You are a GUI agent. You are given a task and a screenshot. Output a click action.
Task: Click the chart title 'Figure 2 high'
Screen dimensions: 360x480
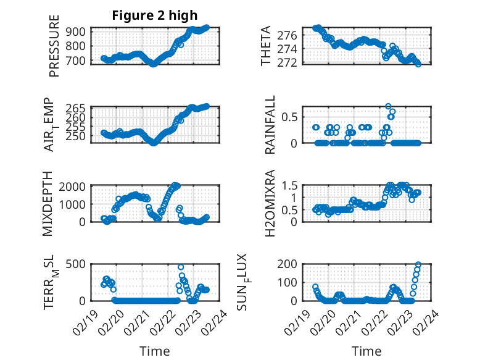(154, 15)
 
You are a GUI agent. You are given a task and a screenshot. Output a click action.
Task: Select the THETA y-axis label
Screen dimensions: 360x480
(266, 46)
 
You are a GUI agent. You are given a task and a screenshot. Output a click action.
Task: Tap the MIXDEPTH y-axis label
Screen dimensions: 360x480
(48, 204)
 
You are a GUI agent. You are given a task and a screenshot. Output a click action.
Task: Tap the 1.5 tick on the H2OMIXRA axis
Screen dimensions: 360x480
(291, 186)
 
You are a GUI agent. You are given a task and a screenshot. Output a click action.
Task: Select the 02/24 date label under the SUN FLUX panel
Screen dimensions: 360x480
(427, 322)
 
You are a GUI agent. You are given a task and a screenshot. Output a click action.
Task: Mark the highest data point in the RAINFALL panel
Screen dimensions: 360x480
(388, 107)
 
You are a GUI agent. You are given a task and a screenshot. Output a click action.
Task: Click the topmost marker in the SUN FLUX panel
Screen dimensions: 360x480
(418, 265)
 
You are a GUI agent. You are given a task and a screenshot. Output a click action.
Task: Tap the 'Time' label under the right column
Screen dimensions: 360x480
(366, 351)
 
